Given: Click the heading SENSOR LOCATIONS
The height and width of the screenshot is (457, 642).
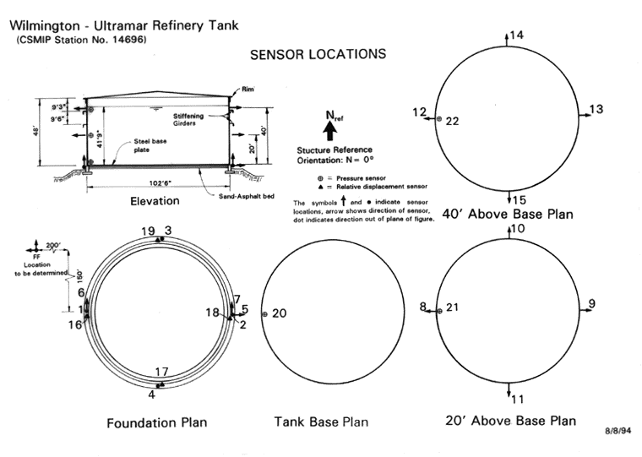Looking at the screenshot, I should [x=318, y=55].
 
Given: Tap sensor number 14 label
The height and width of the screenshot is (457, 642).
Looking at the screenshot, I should [x=517, y=35].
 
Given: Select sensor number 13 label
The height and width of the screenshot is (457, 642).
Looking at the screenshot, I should [x=596, y=109].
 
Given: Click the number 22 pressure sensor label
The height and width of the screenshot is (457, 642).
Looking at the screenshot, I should [x=452, y=122].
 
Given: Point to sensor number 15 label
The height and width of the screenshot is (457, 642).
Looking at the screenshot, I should [x=520, y=200].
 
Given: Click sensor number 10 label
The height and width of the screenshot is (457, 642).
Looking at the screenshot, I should [x=520, y=229].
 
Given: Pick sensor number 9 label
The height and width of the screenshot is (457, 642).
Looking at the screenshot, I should [x=591, y=304].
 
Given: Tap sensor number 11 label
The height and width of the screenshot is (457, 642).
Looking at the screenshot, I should [x=519, y=400].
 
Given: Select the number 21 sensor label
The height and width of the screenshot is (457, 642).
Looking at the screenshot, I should [x=452, y=307].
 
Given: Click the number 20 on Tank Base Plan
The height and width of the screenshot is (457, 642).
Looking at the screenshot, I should [x=280, y=313].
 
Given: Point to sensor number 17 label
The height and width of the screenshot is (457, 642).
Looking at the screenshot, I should [x=162, y=372].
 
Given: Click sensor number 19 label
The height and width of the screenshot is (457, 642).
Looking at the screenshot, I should [x=149, y=231].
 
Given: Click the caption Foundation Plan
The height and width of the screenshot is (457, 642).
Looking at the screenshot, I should [x=156, y=422].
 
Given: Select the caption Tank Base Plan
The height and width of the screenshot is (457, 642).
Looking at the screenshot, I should [x=321, y=422].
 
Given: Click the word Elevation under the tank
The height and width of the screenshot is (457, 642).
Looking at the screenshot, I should [x=155, y=201].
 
